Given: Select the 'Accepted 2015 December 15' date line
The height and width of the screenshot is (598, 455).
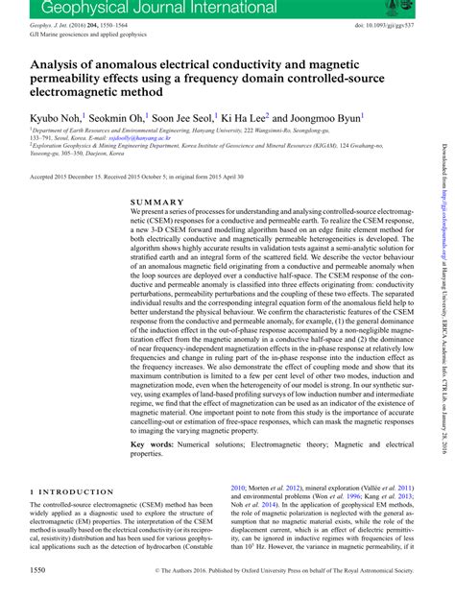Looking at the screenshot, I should coord(72,177).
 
